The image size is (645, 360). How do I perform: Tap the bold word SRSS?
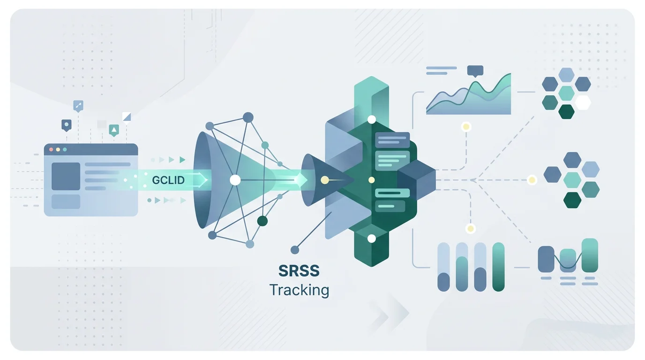point(299,271)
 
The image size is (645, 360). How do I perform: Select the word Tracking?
point(299,290)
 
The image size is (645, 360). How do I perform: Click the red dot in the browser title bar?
point(51,150)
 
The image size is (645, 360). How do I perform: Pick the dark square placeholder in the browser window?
point(66,176)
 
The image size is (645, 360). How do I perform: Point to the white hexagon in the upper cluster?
point(583,102)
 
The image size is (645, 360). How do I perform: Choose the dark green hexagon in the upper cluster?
point(566,112)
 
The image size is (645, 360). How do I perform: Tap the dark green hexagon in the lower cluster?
point(572,200)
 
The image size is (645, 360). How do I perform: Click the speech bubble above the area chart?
point(475,71)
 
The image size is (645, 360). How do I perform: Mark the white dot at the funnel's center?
point(235,180)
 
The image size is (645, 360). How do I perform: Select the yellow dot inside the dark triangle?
point(324,180)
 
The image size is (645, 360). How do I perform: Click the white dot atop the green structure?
point(372,120)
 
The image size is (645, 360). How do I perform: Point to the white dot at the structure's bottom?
point(372,239)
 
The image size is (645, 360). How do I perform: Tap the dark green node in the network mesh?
point(262,221)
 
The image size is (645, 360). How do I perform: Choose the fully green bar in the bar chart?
point(499,267)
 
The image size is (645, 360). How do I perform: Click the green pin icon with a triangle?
point(114,130)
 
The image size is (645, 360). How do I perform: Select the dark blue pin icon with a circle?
point(67,125)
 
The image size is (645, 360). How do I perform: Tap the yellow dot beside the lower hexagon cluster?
point(532,180)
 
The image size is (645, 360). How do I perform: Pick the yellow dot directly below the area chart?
point(465,126)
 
